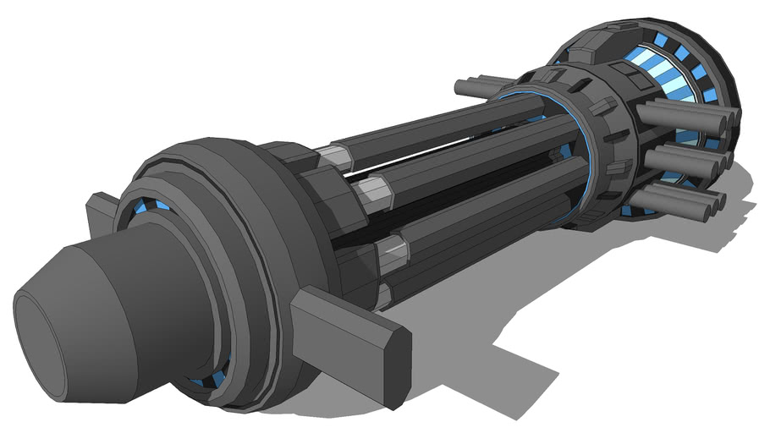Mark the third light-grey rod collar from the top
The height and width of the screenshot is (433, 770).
click(391, 252)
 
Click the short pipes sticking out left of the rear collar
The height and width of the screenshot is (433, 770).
click(479, 85)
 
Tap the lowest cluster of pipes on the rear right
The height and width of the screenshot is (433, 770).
click(677, 200)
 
